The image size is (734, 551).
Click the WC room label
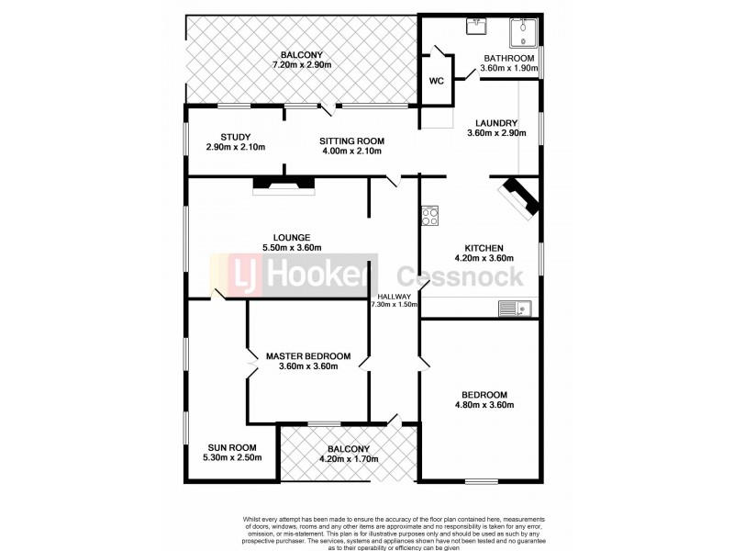(x=437, y=81)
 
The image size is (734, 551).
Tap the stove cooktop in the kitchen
(x=430, y=217)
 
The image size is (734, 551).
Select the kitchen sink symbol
(x=515, y=309)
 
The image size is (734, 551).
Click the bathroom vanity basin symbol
(x=476, y=27)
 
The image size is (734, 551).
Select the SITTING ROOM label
(x=351, y=141)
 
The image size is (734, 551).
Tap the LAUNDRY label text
(x=495, y=123)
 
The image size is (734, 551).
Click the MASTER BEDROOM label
(x=308, y=355)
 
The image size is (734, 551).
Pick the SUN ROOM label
(x=231, y=447)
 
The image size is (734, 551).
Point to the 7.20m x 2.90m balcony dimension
(x=302, y=64)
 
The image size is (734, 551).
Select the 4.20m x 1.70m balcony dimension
(x=348, y=459)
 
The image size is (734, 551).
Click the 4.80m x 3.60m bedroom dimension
(x=484, y=405)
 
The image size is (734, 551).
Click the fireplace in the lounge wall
(x=283, y=185)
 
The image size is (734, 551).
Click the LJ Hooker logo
(x=294, y=276)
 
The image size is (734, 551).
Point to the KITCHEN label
(x=484, y=248)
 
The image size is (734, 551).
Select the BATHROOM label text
(x=510, y=58)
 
